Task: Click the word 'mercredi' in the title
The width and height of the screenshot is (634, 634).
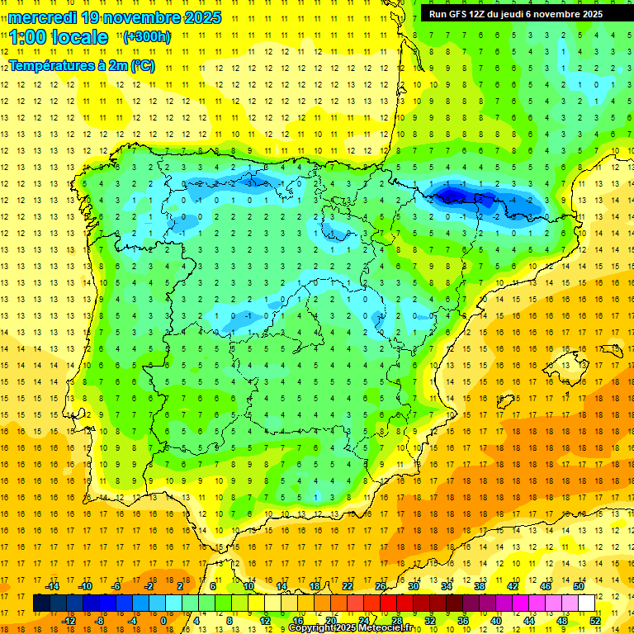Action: [42, 17]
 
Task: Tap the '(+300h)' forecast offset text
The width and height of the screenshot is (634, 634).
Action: [146, 36]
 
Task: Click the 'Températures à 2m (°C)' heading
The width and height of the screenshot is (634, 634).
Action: [82, 66]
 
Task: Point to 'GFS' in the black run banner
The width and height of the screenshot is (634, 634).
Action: [459, 14]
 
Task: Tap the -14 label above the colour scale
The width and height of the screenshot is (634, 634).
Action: [52, 586]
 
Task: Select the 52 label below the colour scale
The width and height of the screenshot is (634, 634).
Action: [594, 621]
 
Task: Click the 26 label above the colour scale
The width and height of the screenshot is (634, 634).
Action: [381, 586]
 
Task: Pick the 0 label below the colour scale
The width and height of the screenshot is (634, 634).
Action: [163, 621]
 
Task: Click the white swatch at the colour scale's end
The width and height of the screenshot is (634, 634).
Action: [587, 603]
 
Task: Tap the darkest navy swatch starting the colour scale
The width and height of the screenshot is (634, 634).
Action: [41, 603]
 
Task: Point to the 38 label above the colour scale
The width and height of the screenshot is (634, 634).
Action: [480, 586]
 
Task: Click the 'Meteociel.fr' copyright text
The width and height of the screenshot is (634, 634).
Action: [388, 628]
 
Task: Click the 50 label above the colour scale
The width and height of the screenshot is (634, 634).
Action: [579, 586]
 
